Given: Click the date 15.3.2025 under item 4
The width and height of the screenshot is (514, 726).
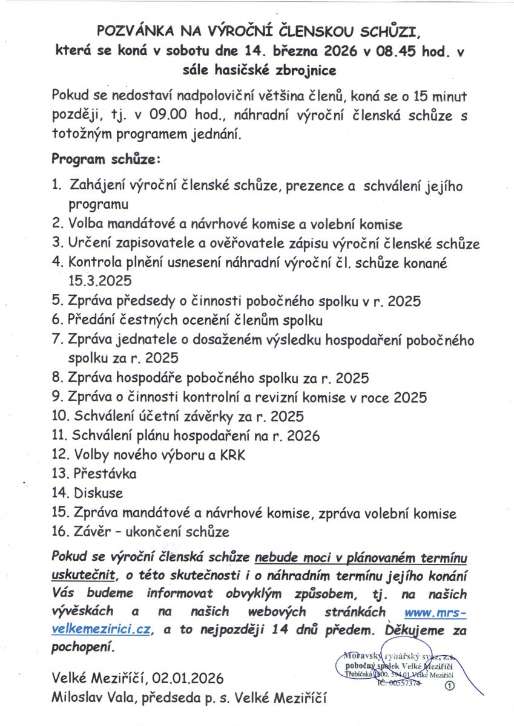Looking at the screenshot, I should pyautogui.click(x=100, y=280).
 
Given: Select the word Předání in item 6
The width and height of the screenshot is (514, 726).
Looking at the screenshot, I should pyautogui.click(x=93, y=320).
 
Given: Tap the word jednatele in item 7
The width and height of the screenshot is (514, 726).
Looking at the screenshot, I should pyautogui.click(x=137, y=339).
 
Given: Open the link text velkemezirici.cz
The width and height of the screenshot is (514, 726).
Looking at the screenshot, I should pyautogui.click(x=101, y=629).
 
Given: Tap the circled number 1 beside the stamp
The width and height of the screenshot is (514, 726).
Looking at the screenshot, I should pyautogui.click(x=449, y=685).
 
